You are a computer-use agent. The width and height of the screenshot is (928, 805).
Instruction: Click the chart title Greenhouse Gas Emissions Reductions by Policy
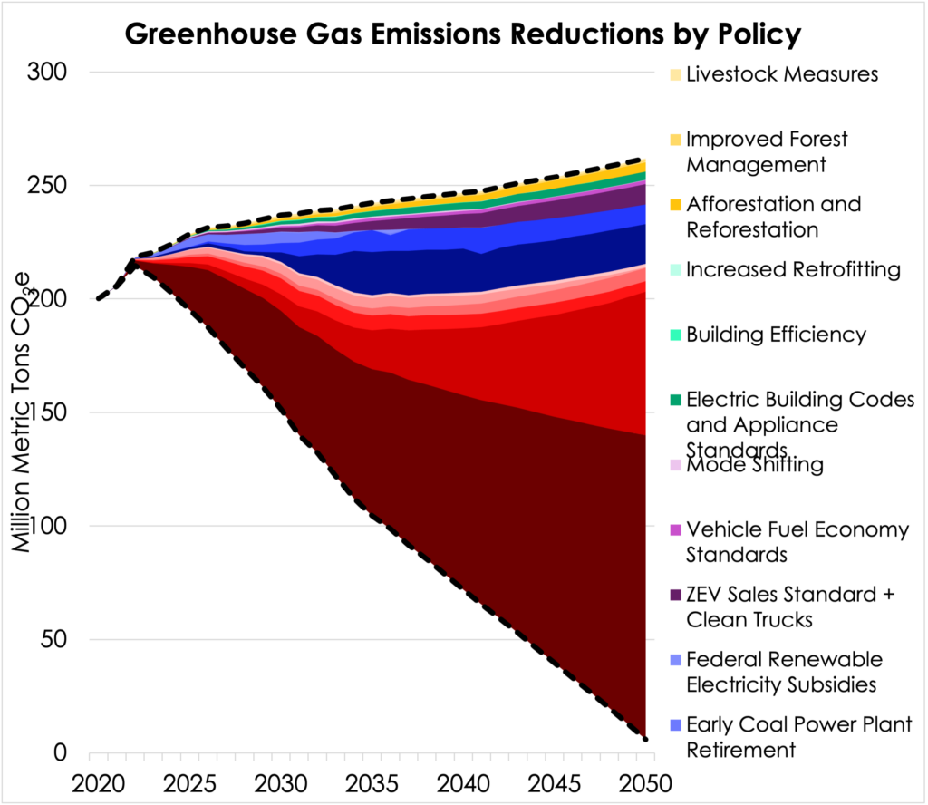(x=463, y=34)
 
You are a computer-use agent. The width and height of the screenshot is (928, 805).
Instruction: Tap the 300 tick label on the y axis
(x=53, y=72)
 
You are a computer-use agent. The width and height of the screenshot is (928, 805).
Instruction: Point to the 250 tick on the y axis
(x=53, y=185)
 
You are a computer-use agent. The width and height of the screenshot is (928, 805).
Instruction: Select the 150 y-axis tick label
(x=53, y=412)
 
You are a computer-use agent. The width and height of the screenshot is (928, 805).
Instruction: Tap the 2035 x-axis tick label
(x=367, y=782)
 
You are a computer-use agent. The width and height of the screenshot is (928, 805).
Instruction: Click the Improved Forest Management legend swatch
(x=676, y=141)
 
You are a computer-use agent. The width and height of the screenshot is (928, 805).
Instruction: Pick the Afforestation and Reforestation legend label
(x=773, y=217)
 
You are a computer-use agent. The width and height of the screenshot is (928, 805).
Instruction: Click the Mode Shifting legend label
(x=754, y=466)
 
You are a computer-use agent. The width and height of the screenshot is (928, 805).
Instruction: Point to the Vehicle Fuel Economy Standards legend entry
(x=797, y=541)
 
